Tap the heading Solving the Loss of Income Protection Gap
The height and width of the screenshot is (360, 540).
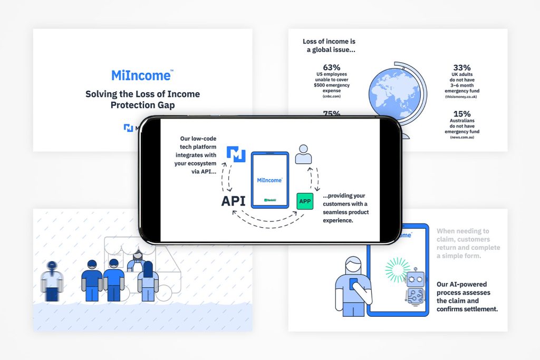pos(142,100)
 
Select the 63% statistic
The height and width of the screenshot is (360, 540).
pos(332,67)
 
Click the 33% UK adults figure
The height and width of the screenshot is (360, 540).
pos(461,67)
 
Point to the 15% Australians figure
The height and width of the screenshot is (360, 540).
pos(461,114)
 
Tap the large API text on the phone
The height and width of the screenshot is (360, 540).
pos(233,201)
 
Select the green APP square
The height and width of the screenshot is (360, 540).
pos(305,201)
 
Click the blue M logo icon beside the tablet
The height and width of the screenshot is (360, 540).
pos(236,154)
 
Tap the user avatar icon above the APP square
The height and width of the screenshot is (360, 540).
pos(303,154)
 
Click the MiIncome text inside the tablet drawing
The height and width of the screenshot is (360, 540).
pos(269,180)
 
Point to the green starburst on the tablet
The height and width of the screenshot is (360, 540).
pos(398,269)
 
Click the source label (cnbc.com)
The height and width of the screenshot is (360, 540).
pos(332,96)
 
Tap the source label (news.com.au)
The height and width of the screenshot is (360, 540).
pos(461,137)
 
